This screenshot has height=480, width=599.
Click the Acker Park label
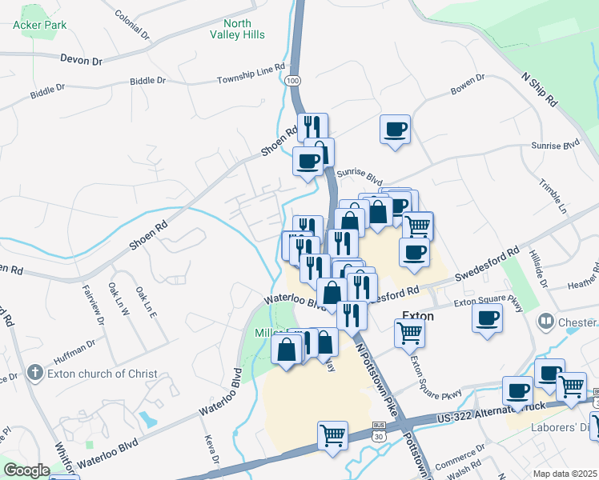point(39,24)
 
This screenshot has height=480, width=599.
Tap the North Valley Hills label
point(238,30)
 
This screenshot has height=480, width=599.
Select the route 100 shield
point(294,81)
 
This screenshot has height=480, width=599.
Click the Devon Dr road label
point(82,59)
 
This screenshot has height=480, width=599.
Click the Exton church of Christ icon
point(34,373)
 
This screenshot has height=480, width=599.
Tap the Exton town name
point(417,316)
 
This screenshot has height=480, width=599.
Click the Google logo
point(26,470)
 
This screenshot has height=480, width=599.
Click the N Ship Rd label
point(538,89)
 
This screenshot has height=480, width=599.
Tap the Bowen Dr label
point(468,85)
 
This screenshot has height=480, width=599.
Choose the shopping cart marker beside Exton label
point(409,332)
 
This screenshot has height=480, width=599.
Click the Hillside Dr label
point(537,269)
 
